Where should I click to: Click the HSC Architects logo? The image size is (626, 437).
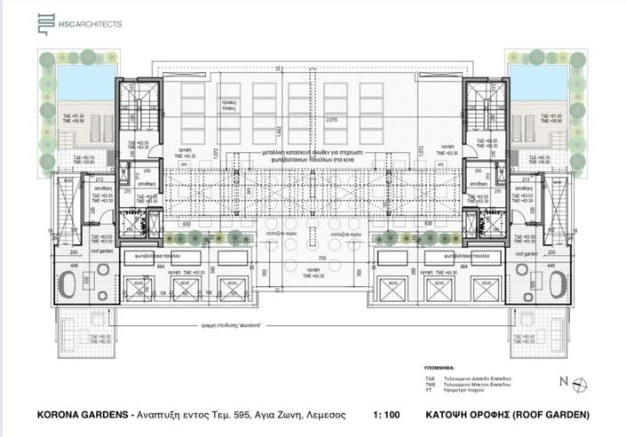click(x=79, y=25)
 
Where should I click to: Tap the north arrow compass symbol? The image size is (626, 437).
click(x=578, y=383)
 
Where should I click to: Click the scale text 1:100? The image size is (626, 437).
click(x=387, y=415)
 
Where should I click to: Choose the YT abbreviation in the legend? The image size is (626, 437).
click(x=429, y=391)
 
